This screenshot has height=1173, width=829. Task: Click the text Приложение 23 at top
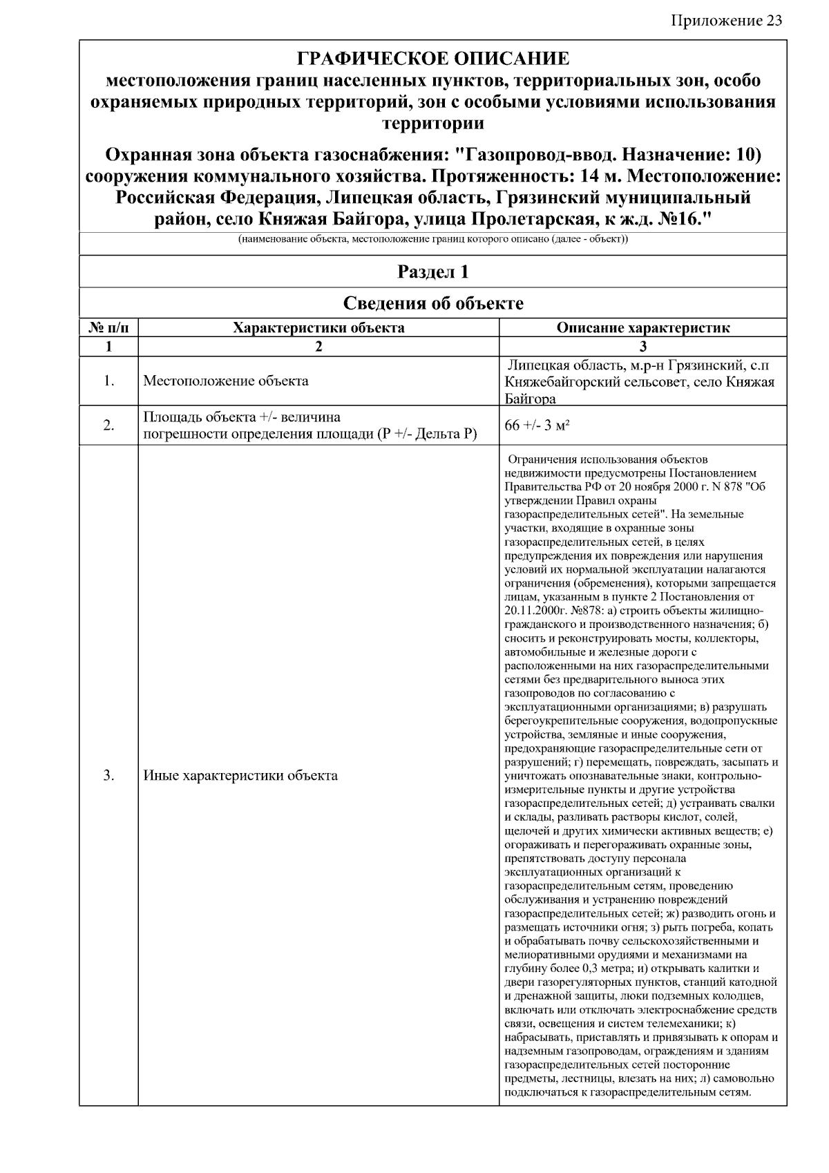(726, 20)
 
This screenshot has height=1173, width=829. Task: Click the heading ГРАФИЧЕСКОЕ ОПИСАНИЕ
(433, 58)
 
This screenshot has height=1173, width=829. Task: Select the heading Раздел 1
(433, 272)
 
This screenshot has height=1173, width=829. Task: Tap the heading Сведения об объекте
(433, 303)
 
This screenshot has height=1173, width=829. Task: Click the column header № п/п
(108, 328)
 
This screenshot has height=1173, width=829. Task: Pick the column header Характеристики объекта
(318, 328)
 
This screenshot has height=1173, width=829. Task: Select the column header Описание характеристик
(642, 328)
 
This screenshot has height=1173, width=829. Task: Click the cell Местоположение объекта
(226, 381)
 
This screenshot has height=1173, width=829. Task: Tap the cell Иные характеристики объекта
(240, 776)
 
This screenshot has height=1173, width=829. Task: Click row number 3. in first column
(108, 776)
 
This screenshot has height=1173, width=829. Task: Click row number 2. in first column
(108, 426)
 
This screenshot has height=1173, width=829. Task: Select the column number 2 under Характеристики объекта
(318, 347)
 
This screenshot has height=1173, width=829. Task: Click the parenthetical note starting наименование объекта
(433, 240)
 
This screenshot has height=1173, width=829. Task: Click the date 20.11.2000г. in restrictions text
(535, 611)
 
